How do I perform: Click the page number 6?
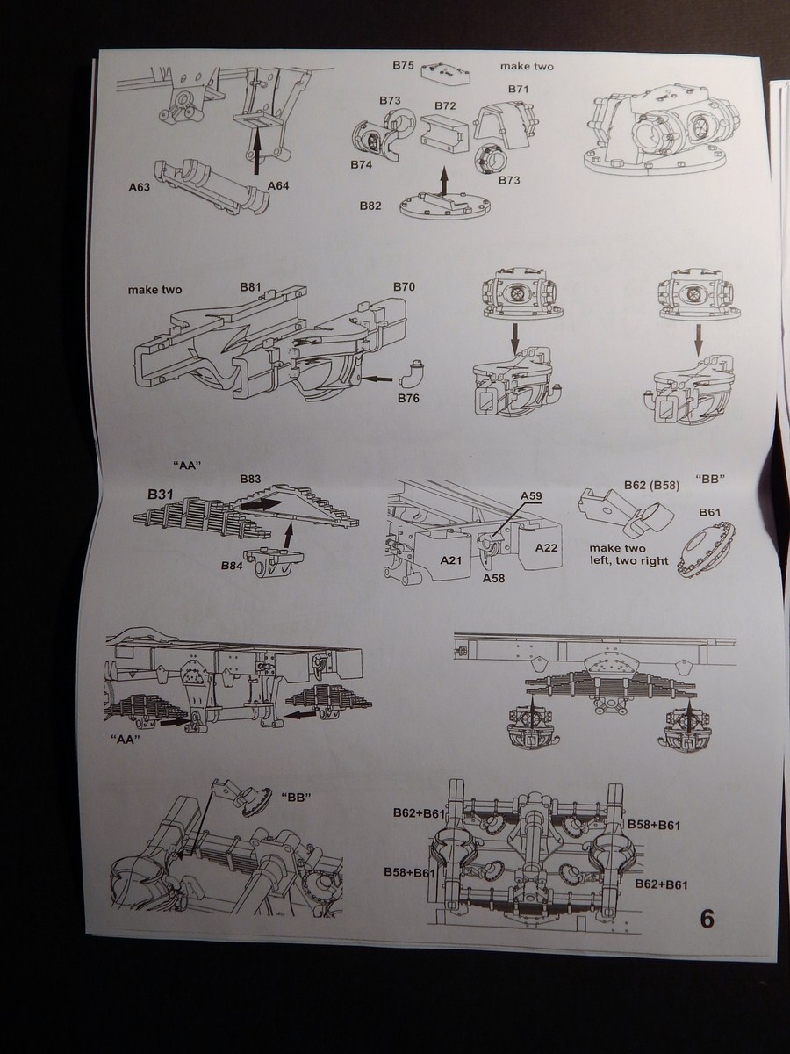tap(707, 919)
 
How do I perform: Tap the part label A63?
tap(140, 186)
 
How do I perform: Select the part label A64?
tap(278, 186)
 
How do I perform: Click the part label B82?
tap(370, 205)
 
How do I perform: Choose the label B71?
tap(518, 89)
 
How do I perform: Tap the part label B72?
tap(445, 105)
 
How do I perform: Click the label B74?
tap(362, 164)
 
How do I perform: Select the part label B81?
tap(252, 287)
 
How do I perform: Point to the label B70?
tap(404, 287)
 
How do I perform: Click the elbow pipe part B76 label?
tap(408, 400)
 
